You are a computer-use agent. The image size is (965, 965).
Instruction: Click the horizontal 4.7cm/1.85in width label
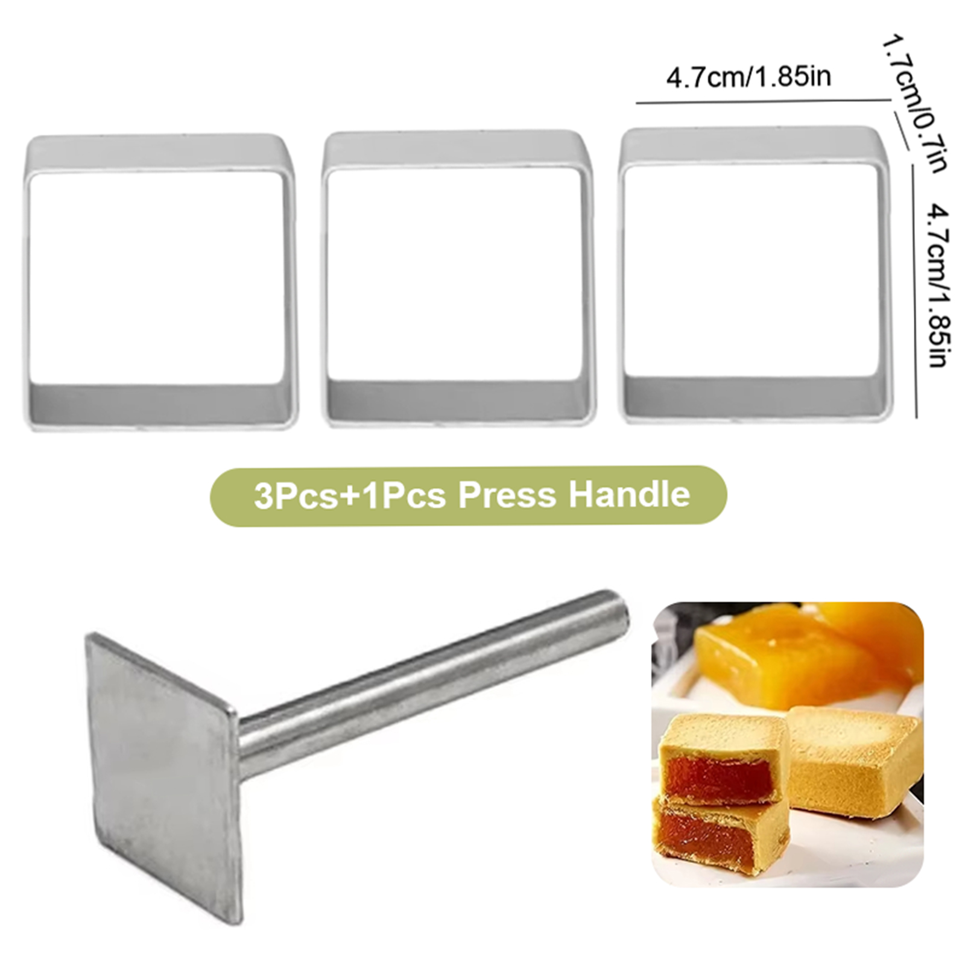[x=748, y=77]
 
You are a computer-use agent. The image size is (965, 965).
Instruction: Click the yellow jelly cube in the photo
[x=784, y=654]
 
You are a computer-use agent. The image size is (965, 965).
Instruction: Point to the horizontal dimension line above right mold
[x=764, y=101]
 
